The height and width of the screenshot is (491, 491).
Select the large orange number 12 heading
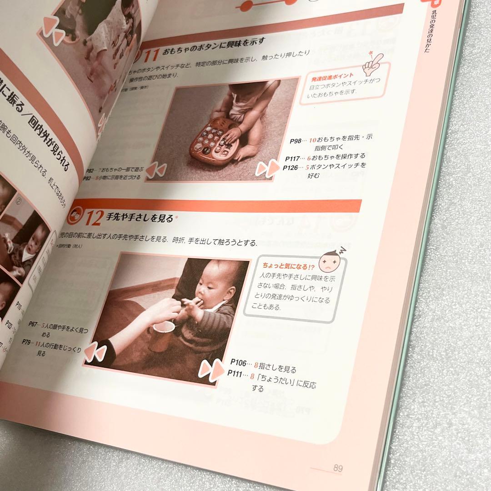pos(93,219)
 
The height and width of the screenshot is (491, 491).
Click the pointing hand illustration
pos(375,61)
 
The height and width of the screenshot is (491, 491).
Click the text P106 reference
pos(238,363)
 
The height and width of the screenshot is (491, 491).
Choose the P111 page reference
pos(236,374)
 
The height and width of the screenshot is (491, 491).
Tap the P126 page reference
pos(291,168)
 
